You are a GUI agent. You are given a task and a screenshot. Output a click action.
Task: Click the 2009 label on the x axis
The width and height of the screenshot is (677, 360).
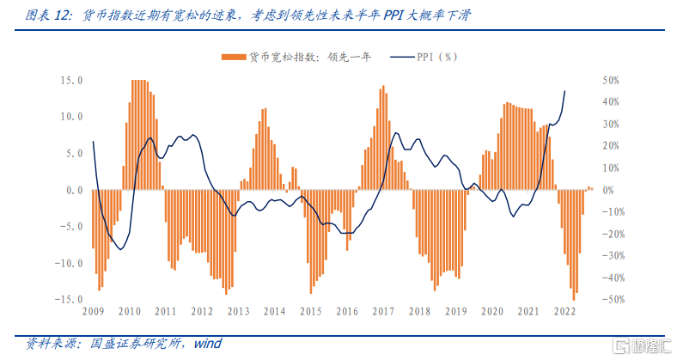(x=93, y=312)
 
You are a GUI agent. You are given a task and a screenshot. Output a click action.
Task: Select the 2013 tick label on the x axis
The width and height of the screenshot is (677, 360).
(x=238, y=312)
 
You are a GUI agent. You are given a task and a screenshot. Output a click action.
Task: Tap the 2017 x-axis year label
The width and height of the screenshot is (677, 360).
(x=383, y=312)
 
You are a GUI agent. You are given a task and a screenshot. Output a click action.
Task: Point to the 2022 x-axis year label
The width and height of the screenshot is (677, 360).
(x=564, y=312)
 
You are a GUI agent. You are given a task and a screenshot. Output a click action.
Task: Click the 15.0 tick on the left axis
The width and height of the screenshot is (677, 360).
(x=70, y=81)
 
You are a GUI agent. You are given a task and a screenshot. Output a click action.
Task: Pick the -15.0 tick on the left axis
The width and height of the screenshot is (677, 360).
(x=69, y=300)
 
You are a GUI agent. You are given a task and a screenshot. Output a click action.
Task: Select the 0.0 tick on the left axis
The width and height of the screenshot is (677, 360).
(x=72, y=190)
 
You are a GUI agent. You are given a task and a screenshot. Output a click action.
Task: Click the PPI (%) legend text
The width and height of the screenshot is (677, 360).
(x=437, y=58)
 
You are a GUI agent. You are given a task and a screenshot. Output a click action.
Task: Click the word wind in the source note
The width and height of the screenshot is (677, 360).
(x=207, y=344)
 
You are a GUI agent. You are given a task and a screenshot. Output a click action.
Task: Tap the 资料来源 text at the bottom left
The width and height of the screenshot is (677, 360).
(x=51, y=344)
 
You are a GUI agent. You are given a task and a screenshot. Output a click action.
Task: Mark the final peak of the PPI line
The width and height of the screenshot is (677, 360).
(x=564, y=90)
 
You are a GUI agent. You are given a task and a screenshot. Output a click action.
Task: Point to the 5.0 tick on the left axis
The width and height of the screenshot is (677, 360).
(x=72, y=154)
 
